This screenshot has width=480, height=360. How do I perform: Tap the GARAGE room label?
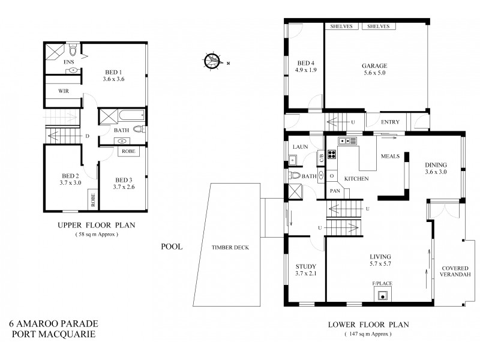tap(374, 66)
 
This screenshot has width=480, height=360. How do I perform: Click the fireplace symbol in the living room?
tap(382, 293)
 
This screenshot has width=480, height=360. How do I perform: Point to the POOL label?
tap(171, 247)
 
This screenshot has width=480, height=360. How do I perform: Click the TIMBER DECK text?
tap(230, 247)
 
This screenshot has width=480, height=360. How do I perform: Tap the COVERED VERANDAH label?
tap(455, 272)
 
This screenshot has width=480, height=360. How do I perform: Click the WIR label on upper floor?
tap(64, 91)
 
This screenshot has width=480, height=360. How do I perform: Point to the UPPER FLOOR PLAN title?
tap(96, 226)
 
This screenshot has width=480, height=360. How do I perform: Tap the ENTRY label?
tap(390, 122)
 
